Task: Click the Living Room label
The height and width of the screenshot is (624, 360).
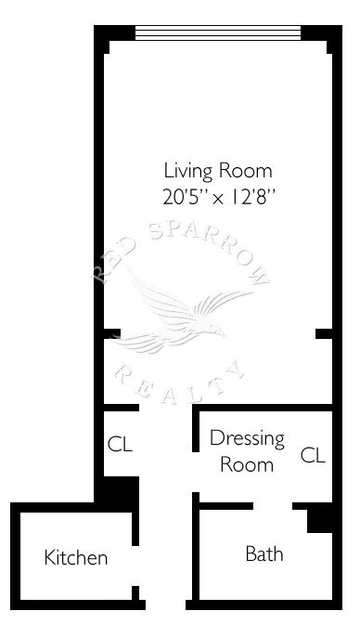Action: [218, 172]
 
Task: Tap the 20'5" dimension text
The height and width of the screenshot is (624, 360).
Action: [186, 197]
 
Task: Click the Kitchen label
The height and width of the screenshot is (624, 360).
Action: [75, 557]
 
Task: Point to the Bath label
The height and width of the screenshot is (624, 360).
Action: [264, 553]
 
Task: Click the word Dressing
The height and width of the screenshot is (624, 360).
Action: [247, 439]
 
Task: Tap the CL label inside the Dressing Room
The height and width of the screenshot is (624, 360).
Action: [313, 455]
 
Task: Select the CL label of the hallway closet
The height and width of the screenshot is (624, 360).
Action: [120, 444]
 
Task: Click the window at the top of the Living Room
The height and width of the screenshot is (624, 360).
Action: [218, 33]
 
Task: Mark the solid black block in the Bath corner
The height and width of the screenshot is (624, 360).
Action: [319, 520]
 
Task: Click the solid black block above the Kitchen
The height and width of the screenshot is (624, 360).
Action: [119, 491]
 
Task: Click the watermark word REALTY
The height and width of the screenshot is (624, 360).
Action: [178, 384]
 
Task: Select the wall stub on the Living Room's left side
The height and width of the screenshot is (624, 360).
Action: [112, 333]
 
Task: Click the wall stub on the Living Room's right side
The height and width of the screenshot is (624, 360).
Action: [324, 333]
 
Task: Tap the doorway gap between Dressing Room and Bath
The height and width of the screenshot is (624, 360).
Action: [273, 506]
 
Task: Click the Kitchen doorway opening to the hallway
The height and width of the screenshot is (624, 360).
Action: [135, 565]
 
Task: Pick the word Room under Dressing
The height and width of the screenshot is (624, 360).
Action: [247, 465]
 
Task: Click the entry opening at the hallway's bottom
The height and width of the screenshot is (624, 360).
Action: [165, 604]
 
